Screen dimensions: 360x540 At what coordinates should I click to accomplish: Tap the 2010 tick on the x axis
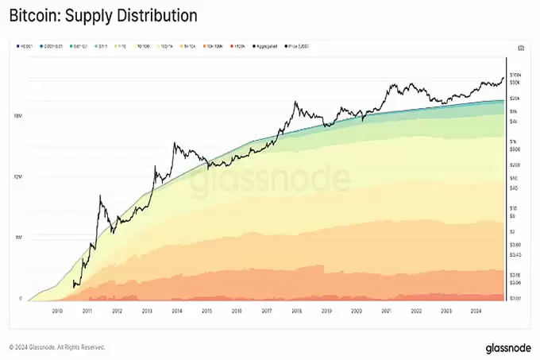(56, 311)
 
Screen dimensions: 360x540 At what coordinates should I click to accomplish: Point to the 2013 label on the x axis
(146, 311)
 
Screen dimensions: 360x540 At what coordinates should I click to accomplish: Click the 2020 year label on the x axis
(356, 311)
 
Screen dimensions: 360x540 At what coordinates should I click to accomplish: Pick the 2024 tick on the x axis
(475, 311)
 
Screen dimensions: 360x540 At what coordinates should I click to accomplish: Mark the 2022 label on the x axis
(415, 311)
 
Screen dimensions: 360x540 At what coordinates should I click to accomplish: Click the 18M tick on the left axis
(18, 116)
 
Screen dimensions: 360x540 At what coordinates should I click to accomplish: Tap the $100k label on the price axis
(515, 73)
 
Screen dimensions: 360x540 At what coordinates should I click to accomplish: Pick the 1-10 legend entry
(124, 46)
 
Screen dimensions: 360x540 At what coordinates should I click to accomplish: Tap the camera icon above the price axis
(520, 48)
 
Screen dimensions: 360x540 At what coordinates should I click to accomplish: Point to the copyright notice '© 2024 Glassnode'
(56, 347)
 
